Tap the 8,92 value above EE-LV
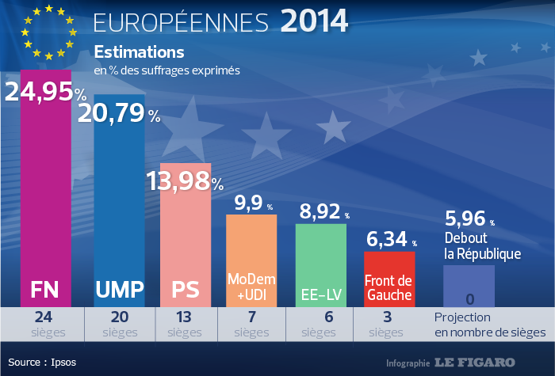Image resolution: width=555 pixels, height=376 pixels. tap(321, 211)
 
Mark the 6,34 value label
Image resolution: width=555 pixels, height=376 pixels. tap(387, 239)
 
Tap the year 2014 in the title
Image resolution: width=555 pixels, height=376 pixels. tap(314, 21)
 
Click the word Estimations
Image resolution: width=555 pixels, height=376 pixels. tap(139, 53)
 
